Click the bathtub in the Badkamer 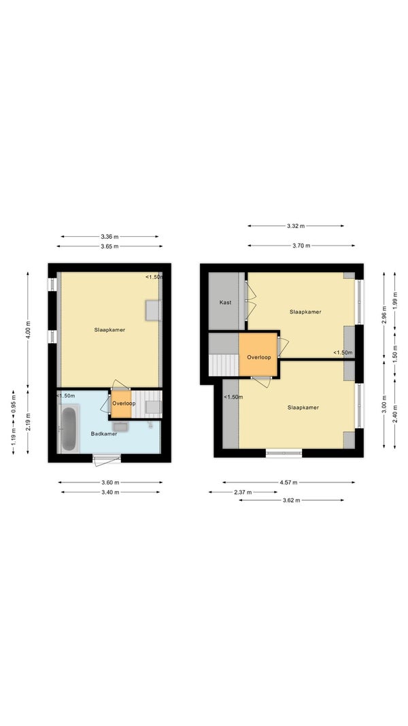[69, 428]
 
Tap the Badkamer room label [103, 434]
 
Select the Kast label [225, 302]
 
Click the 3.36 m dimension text [109, 237]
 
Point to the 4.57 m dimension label [288, 482]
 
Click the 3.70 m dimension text [301, 246]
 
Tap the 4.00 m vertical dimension [28, 330]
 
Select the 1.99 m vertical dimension [394, 301]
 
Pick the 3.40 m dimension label [110, 492]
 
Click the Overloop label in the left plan [124, 403]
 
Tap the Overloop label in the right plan [258, 357]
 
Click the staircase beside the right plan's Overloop [224, 365]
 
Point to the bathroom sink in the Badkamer [120, 427]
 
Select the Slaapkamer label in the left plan [109, 330]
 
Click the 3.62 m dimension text [291, 501]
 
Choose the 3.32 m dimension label [296, 227]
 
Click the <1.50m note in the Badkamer [66, 396]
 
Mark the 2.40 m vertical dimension [394, 414]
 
